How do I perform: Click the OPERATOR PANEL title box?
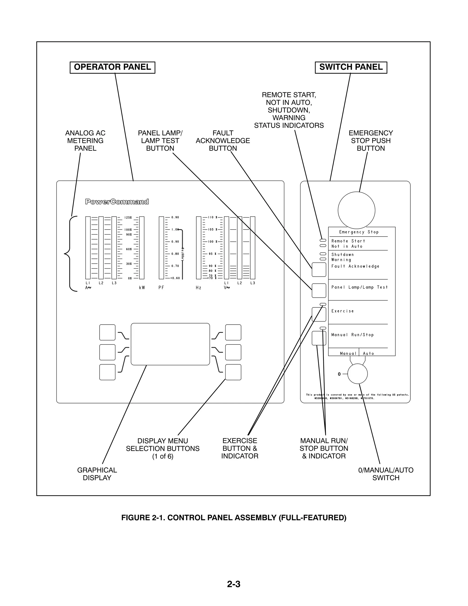tap(112, 67)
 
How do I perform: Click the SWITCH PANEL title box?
tap(351, 67)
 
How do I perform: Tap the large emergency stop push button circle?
tap(356, 210)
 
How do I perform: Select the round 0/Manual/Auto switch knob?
tap(357, 374)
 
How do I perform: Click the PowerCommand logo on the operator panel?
tap(117, 202)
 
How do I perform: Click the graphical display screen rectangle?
tap(170, 344)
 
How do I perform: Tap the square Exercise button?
tap(319, 315)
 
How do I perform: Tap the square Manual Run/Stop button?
tap(319, 338)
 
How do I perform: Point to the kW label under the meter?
tap(142, 288)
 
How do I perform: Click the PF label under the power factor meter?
tap(161, 288)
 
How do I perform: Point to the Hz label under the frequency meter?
tap(198, 288)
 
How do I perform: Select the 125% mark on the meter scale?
tap(128, 218)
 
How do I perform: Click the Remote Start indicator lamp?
tap(323, 240)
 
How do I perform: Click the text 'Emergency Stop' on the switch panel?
tap(359, 232)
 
